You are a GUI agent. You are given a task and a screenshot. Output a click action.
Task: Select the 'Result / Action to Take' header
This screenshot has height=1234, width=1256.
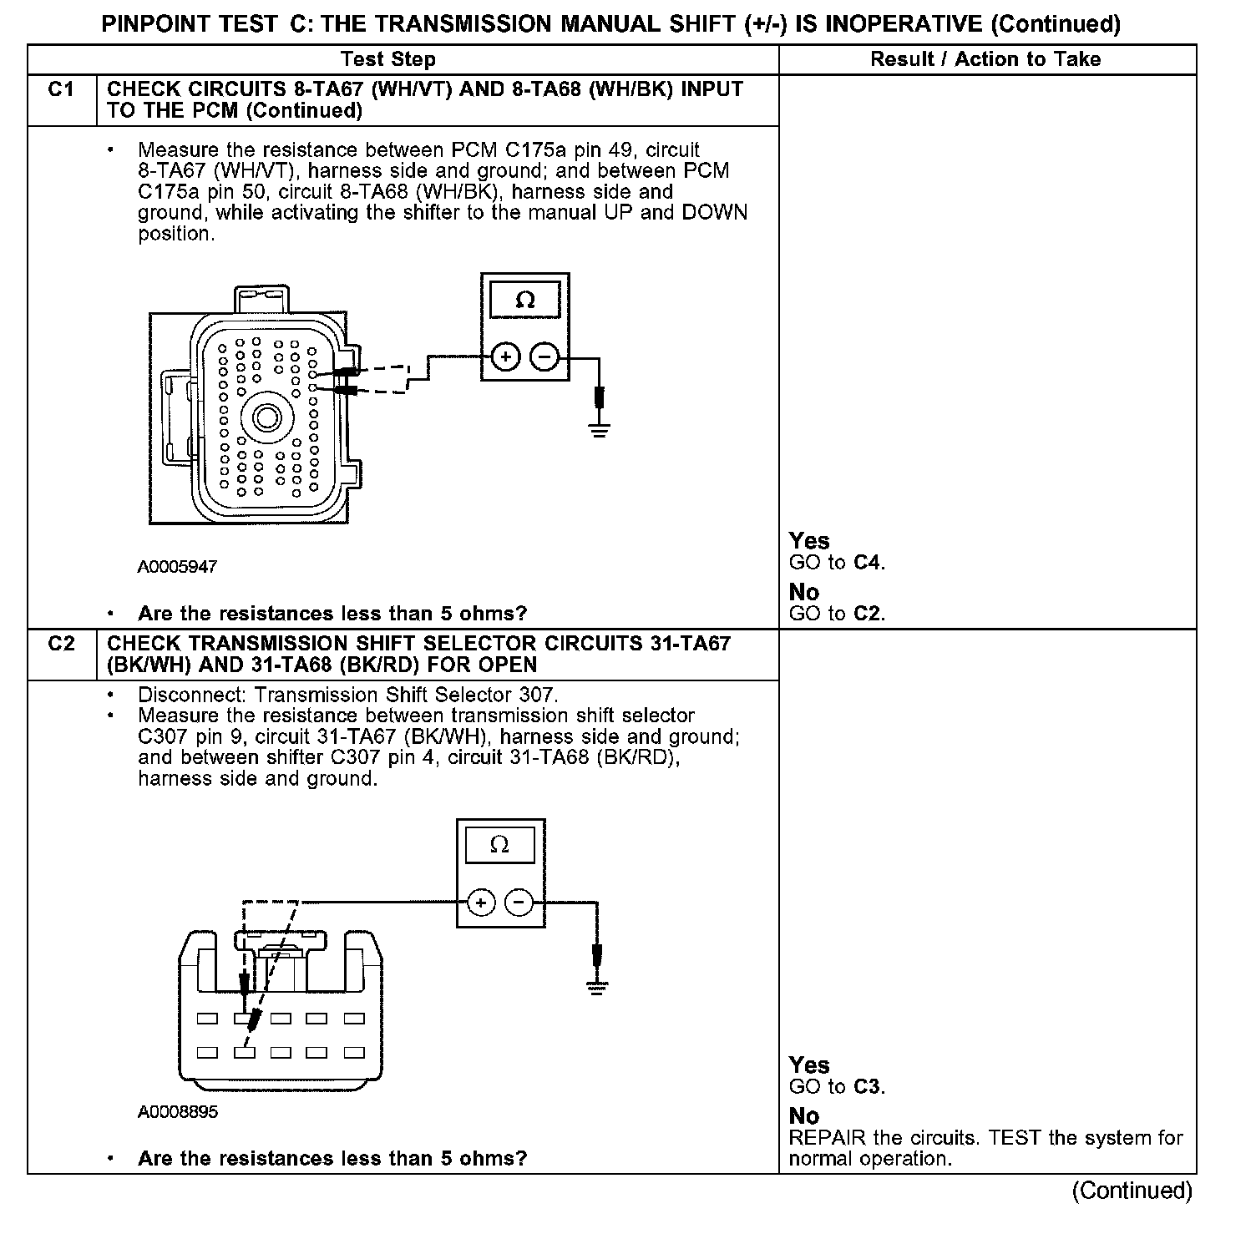[x=985, y=59]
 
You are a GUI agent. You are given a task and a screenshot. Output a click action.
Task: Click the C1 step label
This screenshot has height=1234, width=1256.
[x=62, y=89]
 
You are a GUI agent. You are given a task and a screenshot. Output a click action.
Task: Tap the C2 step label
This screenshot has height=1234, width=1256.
[x=62, y=644]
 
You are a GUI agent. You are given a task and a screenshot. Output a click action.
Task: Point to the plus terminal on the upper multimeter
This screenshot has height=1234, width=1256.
[x=504, y=357]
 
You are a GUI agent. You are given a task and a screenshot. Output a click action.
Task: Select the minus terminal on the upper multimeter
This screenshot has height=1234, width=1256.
[x=544, y=357]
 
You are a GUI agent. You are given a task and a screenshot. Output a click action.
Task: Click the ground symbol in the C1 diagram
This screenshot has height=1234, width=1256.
[x=599, y=431]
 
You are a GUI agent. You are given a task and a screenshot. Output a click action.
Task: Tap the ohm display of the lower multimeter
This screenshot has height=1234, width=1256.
[x=499, y=846]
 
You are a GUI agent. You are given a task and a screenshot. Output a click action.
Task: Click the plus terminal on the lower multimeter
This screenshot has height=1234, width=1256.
[x=480, y=903]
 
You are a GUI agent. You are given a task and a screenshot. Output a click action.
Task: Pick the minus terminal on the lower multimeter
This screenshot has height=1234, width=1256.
[x=519, y=903]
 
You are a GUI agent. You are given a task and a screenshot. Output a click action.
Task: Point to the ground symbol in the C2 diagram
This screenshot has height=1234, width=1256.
[x=596, y=987]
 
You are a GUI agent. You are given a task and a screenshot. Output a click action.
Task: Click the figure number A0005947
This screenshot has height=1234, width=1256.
[x=177, y=567]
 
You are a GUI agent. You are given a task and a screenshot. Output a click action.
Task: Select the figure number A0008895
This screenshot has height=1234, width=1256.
[x=178, y=1112]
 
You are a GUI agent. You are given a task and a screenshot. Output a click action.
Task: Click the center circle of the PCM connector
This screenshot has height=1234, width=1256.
[x=267, y=417]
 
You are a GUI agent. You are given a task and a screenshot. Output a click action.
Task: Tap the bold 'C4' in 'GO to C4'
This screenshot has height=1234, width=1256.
[x=869, y=563]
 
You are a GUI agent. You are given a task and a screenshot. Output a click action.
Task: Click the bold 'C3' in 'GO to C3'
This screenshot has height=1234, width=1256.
[x=869, y=1087]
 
